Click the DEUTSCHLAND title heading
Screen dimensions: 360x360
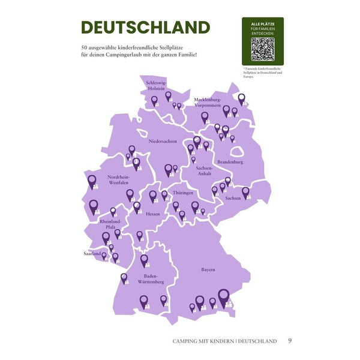[x=146, y=28]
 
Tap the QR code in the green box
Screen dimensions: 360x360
[x=262, y=49]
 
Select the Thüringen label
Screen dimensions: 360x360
[x=182, y=193]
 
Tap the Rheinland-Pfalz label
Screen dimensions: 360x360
[x=110, y=224]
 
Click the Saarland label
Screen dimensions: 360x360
[x=92, y=254]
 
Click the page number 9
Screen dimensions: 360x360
[x=290, y=341]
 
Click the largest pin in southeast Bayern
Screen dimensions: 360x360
[x=224, y=296]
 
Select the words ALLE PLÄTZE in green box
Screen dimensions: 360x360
[x=262, y=22]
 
